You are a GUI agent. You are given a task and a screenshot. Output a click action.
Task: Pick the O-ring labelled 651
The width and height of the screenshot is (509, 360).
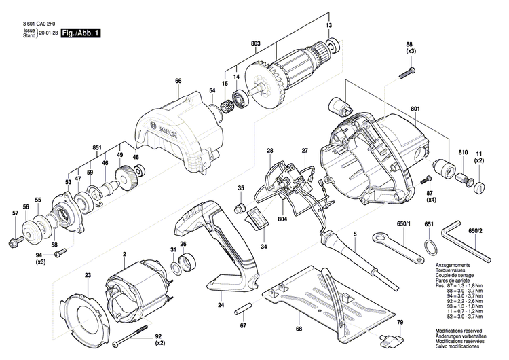[x=429, y=244]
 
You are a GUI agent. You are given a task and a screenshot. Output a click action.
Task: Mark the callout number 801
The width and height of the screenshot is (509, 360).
[x=415, y=109]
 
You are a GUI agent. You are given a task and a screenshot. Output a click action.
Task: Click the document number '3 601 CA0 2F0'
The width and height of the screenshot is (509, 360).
[x=38, y=24]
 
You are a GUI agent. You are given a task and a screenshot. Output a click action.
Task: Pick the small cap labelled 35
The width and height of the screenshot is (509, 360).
[x=239, y=206]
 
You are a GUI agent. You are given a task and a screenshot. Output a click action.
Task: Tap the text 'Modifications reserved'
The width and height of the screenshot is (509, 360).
[x=459, y=329]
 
